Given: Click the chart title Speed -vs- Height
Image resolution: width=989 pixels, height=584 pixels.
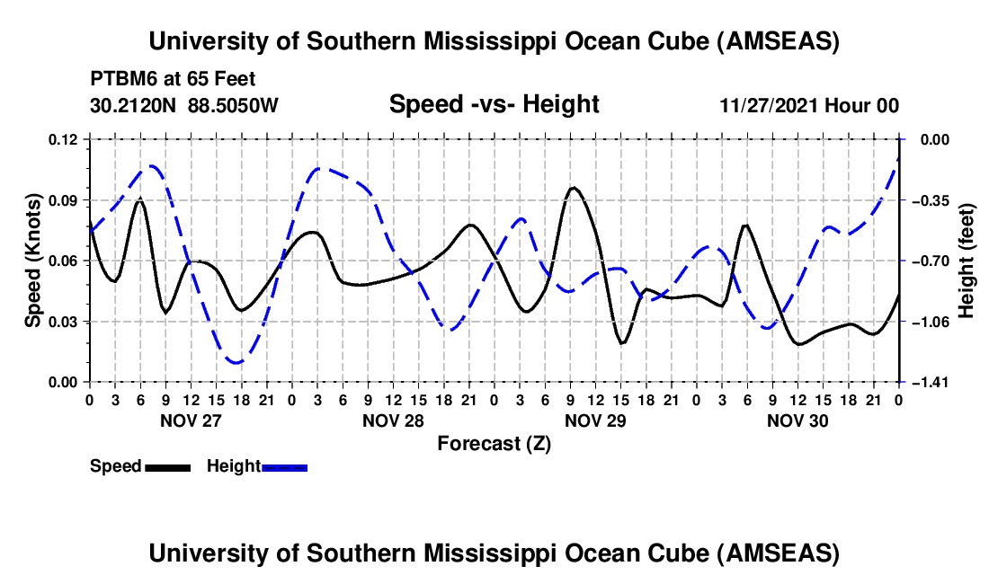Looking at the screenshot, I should coord(494,105).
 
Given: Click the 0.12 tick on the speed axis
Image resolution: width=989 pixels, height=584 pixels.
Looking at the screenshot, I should coord(65,139).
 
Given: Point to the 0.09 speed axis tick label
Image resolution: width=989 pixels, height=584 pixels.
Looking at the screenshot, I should coord(65,199).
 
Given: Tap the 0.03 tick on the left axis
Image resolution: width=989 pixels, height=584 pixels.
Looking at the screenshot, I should coord(65,322).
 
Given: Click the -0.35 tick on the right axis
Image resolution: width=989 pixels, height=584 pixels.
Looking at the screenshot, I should coord(929,199).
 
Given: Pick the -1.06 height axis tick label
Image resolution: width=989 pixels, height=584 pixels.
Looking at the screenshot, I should coord(929,322).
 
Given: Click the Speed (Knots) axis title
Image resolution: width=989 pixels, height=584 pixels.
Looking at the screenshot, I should coord(32,261).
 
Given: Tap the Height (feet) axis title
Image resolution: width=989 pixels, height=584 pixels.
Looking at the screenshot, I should coord(967,261).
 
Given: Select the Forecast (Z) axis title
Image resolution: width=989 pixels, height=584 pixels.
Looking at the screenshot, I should coord(494,443).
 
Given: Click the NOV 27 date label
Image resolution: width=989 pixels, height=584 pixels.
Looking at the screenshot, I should coord(191,420).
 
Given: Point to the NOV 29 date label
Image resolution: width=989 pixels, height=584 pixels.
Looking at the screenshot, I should coord(595,420).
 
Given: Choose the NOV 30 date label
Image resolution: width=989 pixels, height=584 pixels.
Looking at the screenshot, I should coord(797,420).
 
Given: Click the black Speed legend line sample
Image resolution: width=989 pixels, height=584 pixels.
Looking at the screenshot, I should coord(167,466).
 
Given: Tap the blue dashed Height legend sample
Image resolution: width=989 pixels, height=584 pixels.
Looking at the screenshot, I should coord(285,466).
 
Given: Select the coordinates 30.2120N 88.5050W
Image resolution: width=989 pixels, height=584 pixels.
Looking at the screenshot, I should coord(184,105).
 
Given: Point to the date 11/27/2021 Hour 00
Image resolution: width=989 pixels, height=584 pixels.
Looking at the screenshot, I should coord(809,105).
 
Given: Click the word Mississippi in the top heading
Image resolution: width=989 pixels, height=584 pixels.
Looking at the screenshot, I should coord(493,41).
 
